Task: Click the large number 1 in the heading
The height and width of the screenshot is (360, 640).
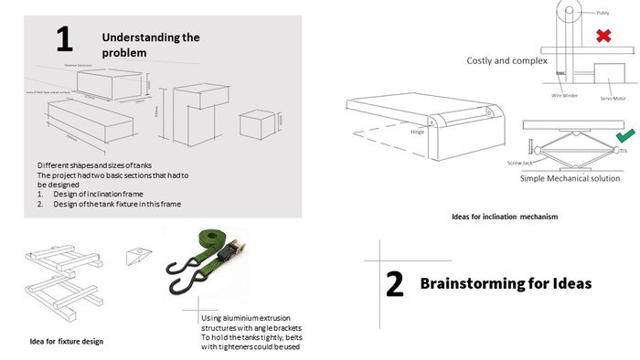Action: point(63,39)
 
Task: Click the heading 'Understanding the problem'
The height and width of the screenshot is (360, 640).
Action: point(150,45)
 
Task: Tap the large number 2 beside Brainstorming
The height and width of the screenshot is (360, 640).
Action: point(394,284)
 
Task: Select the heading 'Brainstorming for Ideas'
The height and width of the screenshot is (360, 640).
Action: point(506,283)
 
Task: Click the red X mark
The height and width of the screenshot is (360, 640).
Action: point(603,37)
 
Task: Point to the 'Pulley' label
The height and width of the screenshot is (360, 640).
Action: point(603,14)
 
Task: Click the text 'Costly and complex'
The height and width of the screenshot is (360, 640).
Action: point(507,61)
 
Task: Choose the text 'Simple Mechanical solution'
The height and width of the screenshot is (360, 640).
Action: point(569,178)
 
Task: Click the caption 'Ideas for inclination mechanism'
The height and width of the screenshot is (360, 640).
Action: point(504,217)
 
